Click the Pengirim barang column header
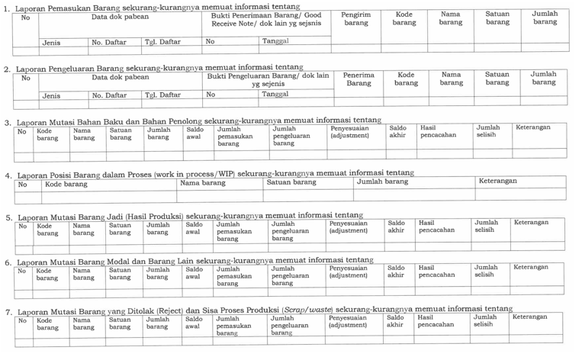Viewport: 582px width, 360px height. coord(356,18)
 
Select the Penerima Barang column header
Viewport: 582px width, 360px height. coord(359,79)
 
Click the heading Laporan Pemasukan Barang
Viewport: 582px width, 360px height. coord(152,6)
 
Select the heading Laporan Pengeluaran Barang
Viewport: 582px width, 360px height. coord(153,68)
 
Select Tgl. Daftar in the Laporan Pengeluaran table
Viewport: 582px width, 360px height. coord(162,95)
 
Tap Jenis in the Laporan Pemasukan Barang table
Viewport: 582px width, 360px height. coord(52,43)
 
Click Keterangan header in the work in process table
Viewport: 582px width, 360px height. coord(497,182)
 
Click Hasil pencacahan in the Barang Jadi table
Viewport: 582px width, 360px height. coord(436,227)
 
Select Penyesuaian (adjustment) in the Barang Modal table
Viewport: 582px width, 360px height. coord(348,272)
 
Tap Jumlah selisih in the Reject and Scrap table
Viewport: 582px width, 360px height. coord(487,321)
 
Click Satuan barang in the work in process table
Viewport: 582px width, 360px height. coord(291,182)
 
